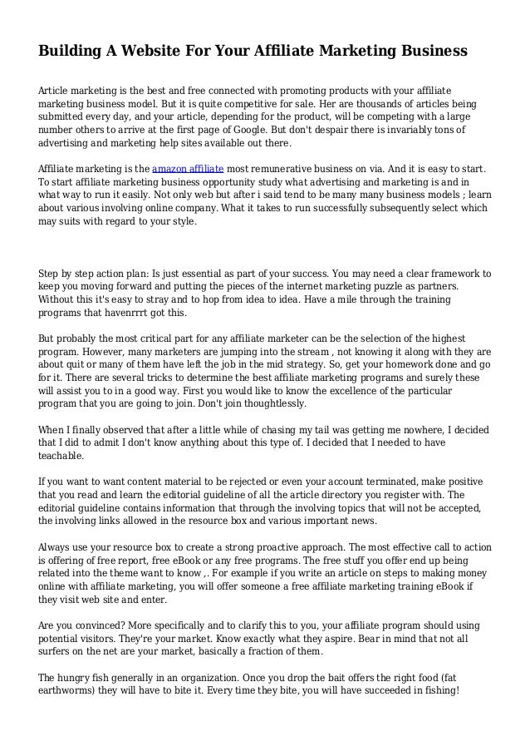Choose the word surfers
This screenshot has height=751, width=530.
tap(58, 653)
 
